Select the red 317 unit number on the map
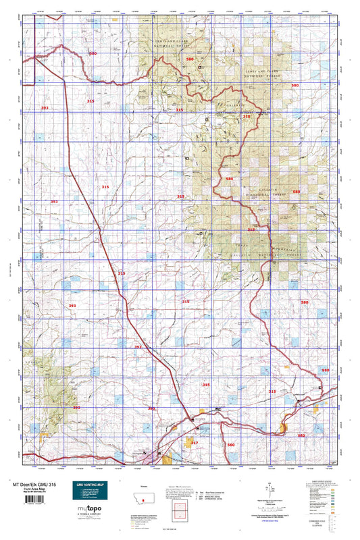tap(194, 443)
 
